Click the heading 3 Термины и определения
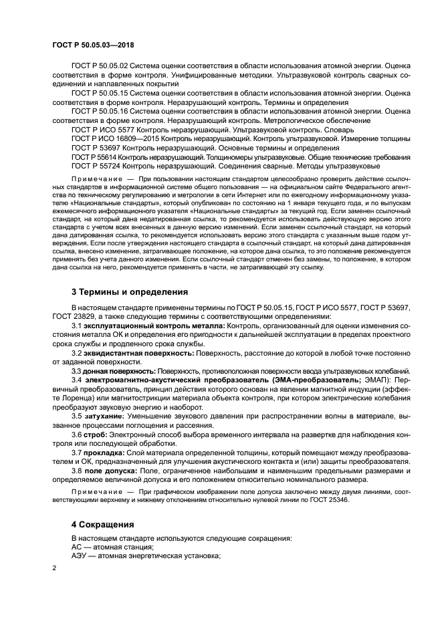[x=129, y=291]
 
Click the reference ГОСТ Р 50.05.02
[x=99, y=67]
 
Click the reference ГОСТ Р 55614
[x=94, y=156]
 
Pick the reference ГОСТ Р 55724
[x=94, y=165]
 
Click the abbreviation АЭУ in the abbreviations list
[x=79, y=555]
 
